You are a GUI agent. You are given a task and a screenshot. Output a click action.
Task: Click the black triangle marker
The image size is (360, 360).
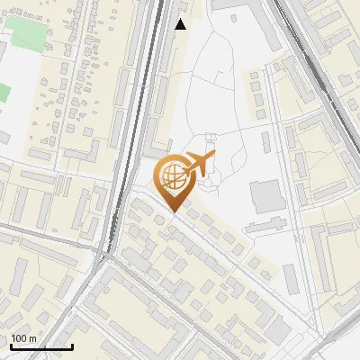(181, 24)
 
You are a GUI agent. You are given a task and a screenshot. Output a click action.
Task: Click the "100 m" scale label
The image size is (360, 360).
(23, 338)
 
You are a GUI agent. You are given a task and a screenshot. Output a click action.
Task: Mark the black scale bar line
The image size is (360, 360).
(40, 346)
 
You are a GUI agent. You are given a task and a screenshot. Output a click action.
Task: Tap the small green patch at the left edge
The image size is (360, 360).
(4, 92)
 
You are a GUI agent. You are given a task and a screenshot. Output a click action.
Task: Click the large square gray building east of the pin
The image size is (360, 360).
(266, 196)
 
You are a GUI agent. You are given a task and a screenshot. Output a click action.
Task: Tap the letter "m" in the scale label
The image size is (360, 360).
(32, 338)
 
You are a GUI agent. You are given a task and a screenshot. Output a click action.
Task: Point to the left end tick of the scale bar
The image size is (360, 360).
(10, 346)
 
